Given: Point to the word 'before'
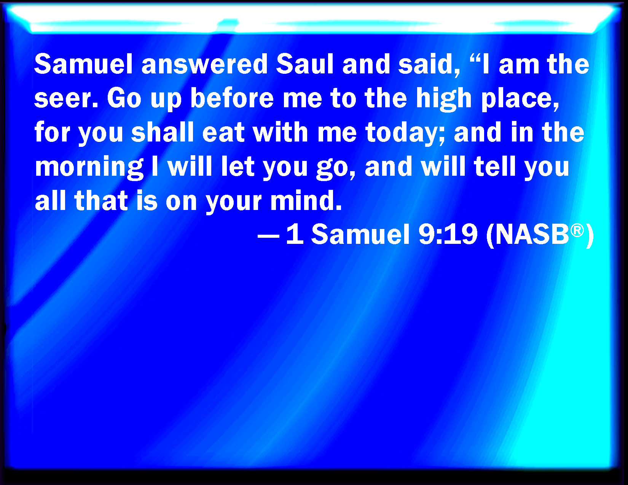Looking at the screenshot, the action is coord(232,98).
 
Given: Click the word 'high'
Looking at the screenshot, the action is coord(444,99).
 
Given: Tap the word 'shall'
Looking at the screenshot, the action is coord(162,132).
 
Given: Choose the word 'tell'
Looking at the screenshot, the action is coord(495,167).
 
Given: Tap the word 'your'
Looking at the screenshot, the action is coord(234,202).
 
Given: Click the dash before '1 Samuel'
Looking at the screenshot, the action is coord(268,236).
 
